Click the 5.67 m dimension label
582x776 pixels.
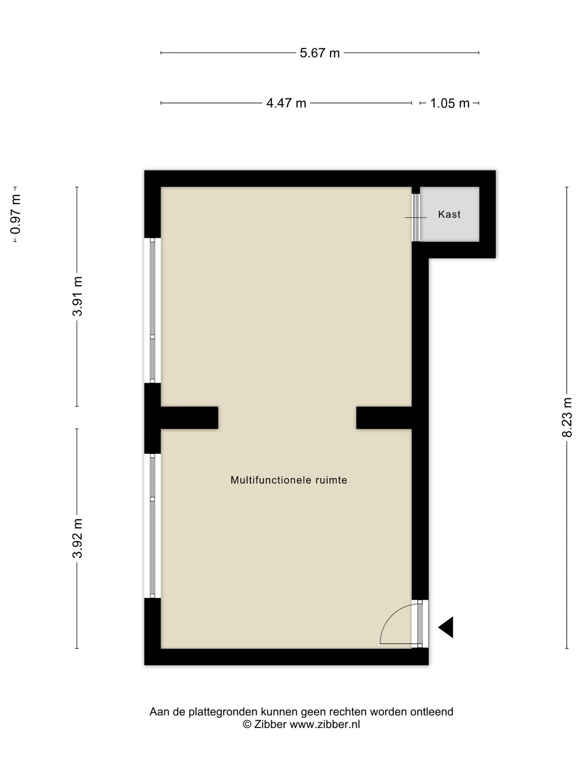click(x=320, y=53)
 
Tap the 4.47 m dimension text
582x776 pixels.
click(x=286, y=103)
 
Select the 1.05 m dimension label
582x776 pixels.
click(x=449, y=103)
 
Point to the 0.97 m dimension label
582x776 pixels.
click(x=16, y=214)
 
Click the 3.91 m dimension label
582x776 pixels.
click(x=77, y=296)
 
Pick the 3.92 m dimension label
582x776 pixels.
click(x=77, y=538)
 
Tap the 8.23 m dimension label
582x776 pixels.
click(x=567, y=418)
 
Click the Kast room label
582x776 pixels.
click(x=449, y=214)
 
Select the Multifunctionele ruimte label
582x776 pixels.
click(x=289, y=480)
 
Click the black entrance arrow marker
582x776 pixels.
click(x=446, y=627)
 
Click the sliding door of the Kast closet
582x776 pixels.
click(x=416, y=217)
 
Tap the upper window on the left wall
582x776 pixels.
click(x=152, y=310)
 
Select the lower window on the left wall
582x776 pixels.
click(x=152, y=526)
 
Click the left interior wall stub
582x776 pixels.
click(x=190, y=418)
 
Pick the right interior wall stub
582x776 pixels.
click(x=384, y=418)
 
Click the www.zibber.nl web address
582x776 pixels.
click(x=325, y=724)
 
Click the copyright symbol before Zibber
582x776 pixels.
click(x=247, y=724)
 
